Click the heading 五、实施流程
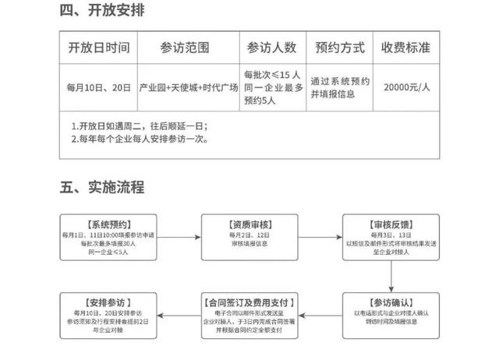tap(102, 187)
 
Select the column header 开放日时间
tap(98, 47)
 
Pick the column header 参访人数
tap(271, 47)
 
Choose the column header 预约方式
tap(340, 47)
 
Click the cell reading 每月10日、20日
tap(98, 86)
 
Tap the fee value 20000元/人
tap(406, 86)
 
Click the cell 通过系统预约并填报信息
tap(340, 86)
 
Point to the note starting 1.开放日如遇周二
tap(140, 126)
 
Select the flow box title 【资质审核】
tap(246, 222)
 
